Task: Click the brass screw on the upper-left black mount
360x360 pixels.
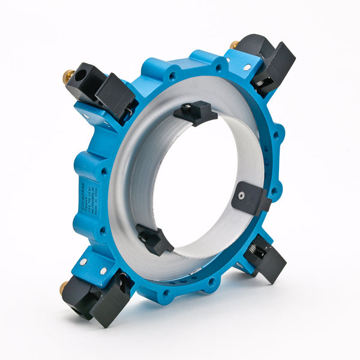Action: [69, 76]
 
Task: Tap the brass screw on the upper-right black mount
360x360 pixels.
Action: [234, 44]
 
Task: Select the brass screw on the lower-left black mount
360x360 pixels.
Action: [64, 288]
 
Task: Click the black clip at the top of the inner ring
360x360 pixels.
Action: [196, 112]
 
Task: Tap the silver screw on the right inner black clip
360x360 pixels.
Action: [241, 196]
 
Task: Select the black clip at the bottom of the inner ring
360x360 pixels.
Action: [155, 238]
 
